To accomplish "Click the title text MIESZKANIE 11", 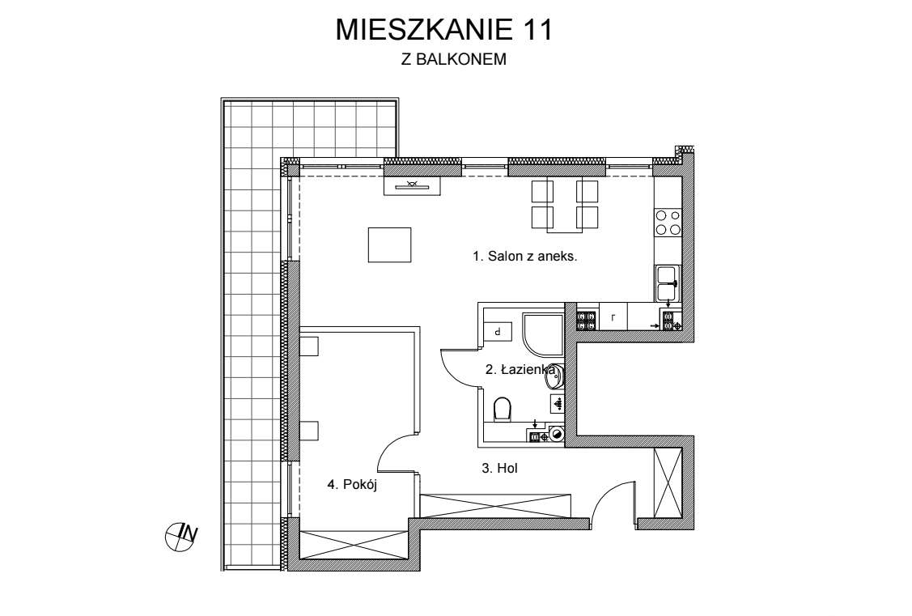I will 443,30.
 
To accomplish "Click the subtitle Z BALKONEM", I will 453,59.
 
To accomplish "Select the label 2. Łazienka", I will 519,370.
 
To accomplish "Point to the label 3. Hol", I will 499,468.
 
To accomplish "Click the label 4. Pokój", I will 353,485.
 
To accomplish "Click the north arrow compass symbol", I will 180,535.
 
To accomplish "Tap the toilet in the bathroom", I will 502,408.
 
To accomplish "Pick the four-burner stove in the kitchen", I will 668,223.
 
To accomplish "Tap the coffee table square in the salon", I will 389,244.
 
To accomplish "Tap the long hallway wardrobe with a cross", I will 496,505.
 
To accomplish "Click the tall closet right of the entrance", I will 668,482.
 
